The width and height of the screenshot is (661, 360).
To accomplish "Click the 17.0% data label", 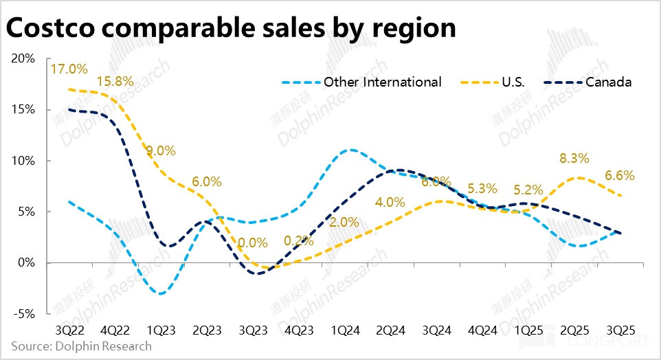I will [69, 69].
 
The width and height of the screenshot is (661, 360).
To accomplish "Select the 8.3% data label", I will [574, 158].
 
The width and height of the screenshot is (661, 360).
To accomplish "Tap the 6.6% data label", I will [619, 175].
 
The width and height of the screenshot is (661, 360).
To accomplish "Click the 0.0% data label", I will [253, 243].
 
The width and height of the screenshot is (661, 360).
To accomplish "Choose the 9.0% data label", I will [161, 150].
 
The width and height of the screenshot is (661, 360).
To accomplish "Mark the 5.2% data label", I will [528, 190].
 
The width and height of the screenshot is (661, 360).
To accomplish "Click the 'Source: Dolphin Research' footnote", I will [81, 346].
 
